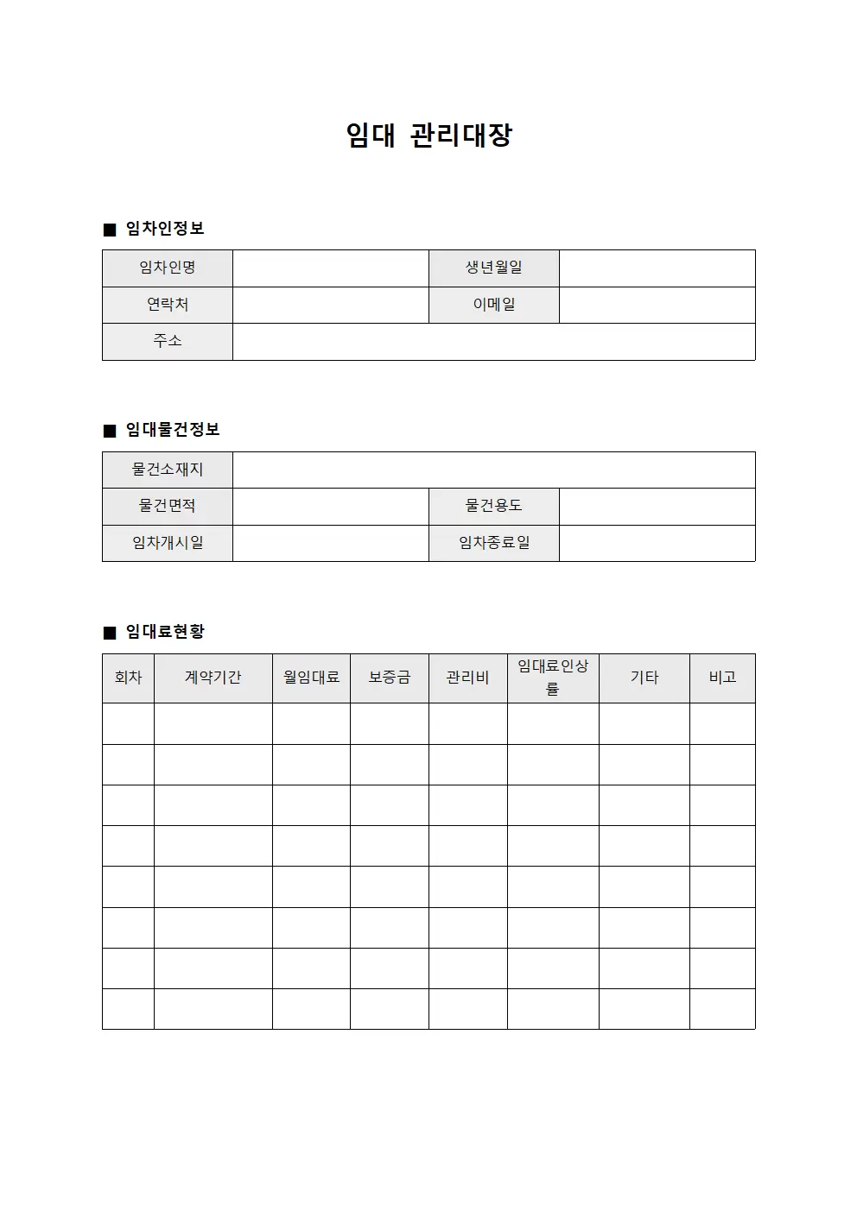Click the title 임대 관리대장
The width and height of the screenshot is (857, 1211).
(429, 136)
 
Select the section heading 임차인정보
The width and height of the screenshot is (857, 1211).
(165, 229)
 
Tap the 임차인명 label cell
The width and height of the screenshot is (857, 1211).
(168, 268)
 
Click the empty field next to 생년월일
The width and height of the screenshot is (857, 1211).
(657, 268)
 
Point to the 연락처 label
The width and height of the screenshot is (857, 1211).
(168, 305)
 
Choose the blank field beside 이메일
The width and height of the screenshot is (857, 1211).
(657, 305)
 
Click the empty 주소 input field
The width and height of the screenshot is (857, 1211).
(493, 342)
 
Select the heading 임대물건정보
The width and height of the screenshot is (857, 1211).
(173, 430)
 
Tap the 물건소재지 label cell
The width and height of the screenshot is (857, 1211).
(168, 470)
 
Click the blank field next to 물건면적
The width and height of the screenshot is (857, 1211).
(330, 507)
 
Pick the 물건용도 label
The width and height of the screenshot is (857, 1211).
(494, 507)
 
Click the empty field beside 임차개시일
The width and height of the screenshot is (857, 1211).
(330, 543)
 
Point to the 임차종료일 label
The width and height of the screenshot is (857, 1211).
(494, 543)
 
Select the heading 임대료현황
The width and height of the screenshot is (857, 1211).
(165, 632)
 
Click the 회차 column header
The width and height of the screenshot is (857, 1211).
(128, 678)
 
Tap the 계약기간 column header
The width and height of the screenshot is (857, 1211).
(213, 678)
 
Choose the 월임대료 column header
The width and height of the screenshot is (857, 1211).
(311, 678)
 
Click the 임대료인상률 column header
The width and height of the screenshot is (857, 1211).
(553, 678)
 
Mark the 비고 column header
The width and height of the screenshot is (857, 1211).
(722, 678)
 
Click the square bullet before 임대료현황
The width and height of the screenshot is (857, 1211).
(110, 633)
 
